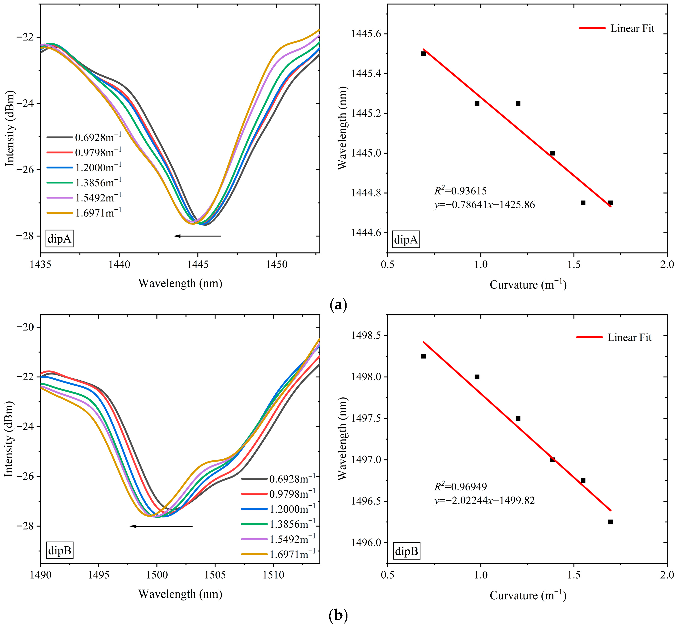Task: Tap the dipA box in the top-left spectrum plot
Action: [x=60, y=239]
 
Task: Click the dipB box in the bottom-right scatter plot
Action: [x=406, y=551]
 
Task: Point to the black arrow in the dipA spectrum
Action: [x=197, y=236]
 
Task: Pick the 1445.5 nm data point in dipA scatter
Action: [x=424, y=54]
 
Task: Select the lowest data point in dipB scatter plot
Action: [x=611, y=522]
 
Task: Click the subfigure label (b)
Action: [x=338, y=615]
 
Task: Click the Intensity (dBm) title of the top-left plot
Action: [x=10, y=128]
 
